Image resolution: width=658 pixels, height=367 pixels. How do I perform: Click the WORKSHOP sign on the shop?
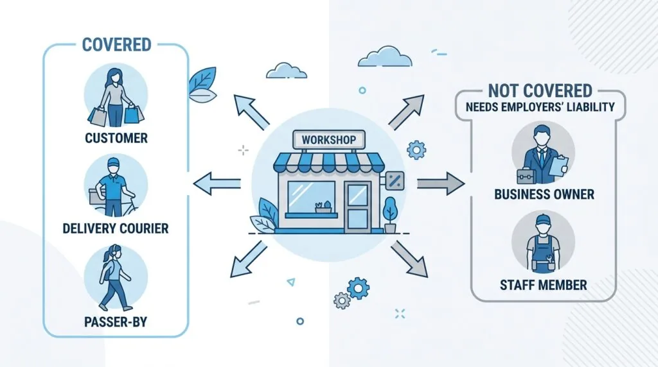328,139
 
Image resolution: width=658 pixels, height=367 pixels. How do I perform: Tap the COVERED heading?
117,45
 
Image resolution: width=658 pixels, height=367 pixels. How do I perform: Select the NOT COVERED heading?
540,90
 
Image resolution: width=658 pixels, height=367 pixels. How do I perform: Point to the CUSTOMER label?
116,138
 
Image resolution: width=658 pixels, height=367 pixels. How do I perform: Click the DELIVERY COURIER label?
116,228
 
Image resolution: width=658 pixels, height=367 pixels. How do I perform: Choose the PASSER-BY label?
116,321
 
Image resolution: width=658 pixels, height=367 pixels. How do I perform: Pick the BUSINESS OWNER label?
544,194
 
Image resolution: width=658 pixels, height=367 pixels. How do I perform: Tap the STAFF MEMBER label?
544,286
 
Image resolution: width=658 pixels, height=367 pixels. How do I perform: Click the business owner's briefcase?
526,176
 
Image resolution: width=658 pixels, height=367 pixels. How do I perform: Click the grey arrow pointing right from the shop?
441,183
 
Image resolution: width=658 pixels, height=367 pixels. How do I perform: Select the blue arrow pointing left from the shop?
217,183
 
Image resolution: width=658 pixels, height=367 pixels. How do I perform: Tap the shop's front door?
357,207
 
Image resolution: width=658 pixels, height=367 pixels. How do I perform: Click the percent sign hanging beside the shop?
395,181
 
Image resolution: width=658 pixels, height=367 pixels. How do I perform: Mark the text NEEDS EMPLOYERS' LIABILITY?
540,107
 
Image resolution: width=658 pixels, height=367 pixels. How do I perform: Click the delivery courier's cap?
113,162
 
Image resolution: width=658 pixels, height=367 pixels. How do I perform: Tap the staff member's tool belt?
543,264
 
